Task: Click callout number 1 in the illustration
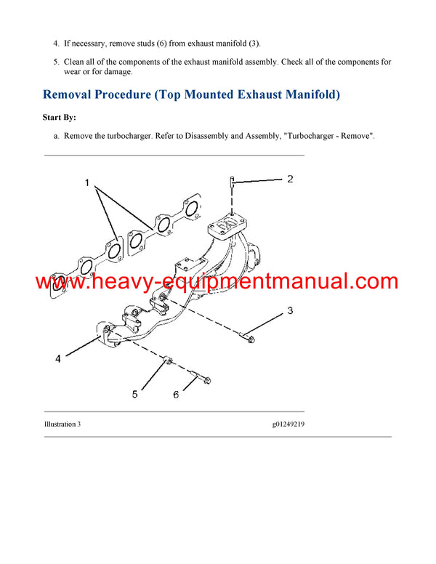click(x=87, y=183)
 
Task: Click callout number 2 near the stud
click(x=289, y=179)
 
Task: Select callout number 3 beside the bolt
click(x=289, y=311)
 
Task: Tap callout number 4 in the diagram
click(x=57, y=358)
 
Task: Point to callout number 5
click(x=134, y=394)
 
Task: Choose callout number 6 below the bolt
click(x=175, y=394)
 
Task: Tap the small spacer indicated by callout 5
click(x=167, y=360)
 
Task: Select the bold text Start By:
click(x=60, y=117)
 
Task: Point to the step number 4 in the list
click(x=55, y=44)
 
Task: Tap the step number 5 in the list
click(x=55, y=63)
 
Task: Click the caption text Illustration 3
click(x=62, y=424)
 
